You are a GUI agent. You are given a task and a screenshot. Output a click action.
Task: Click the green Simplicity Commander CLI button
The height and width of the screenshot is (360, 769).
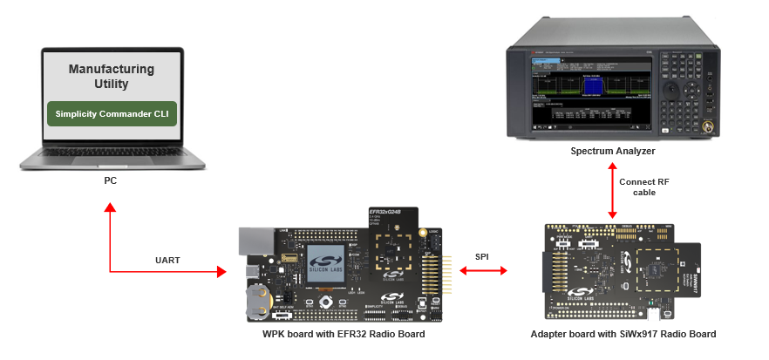(x=112, y=113)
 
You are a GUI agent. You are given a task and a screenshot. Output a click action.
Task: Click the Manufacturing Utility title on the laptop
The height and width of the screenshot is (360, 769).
(x=112, y=77)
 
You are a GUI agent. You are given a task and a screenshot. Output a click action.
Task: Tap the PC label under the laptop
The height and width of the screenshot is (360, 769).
(x=110, y=181)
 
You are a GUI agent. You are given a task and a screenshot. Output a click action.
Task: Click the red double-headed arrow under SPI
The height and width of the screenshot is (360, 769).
(x=482, y=273)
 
